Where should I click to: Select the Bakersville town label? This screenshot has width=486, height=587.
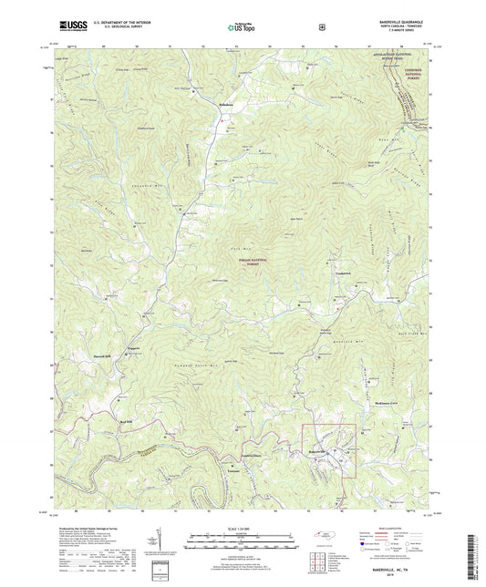point(315,452)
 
